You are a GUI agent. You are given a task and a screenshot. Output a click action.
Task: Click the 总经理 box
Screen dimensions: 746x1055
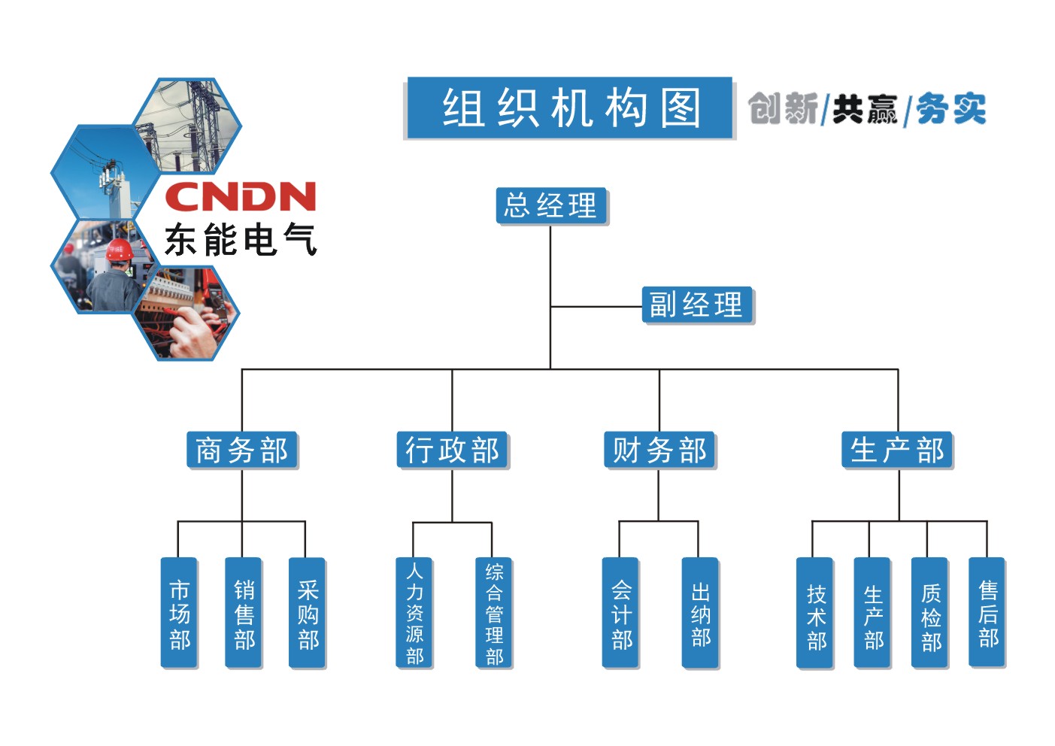click(x=551, y=205)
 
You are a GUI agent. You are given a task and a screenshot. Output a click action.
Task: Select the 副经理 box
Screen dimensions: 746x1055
click(x=696, y=305)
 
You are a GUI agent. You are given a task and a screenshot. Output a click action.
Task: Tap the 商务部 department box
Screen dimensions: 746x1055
click(x=242, y=450)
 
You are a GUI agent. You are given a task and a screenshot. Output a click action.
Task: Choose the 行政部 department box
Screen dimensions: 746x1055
click(x=452, y=450)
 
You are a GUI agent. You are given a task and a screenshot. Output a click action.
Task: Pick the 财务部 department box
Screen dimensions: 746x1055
click(x=659, y=450)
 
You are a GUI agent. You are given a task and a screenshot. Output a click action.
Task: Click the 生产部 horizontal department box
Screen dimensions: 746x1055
click(x=896, y=450)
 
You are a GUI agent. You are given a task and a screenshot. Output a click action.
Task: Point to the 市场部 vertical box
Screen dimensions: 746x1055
click(x=179, y=612)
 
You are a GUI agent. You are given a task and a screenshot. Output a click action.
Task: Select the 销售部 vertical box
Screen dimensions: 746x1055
click(x=243, y=612)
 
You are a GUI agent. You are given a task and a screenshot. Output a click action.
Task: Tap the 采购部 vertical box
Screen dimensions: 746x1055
click(x=307, y=612)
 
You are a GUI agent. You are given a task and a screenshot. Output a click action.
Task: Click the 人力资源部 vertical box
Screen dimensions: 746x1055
click(x=414, y=612)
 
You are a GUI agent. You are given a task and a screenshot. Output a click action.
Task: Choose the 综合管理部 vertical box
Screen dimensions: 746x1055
click(x=494, y=612)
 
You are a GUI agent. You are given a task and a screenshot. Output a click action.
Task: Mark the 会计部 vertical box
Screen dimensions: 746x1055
click(x=620, y=612)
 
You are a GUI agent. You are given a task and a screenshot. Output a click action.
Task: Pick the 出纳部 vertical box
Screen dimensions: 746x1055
click(x=700, y=612)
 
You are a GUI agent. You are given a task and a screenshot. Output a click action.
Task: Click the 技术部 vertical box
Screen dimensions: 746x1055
click(x=815, y=612)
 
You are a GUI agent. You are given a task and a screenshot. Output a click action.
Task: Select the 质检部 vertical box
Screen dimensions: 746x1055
click(x=929, y=612)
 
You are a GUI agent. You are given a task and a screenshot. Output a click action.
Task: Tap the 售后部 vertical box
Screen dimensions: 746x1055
click(x=987, y=612)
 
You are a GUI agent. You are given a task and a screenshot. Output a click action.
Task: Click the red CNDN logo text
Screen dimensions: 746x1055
click(x=240, y=197)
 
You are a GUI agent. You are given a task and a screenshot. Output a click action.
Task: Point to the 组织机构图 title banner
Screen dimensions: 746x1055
click(x=569, y=108)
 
